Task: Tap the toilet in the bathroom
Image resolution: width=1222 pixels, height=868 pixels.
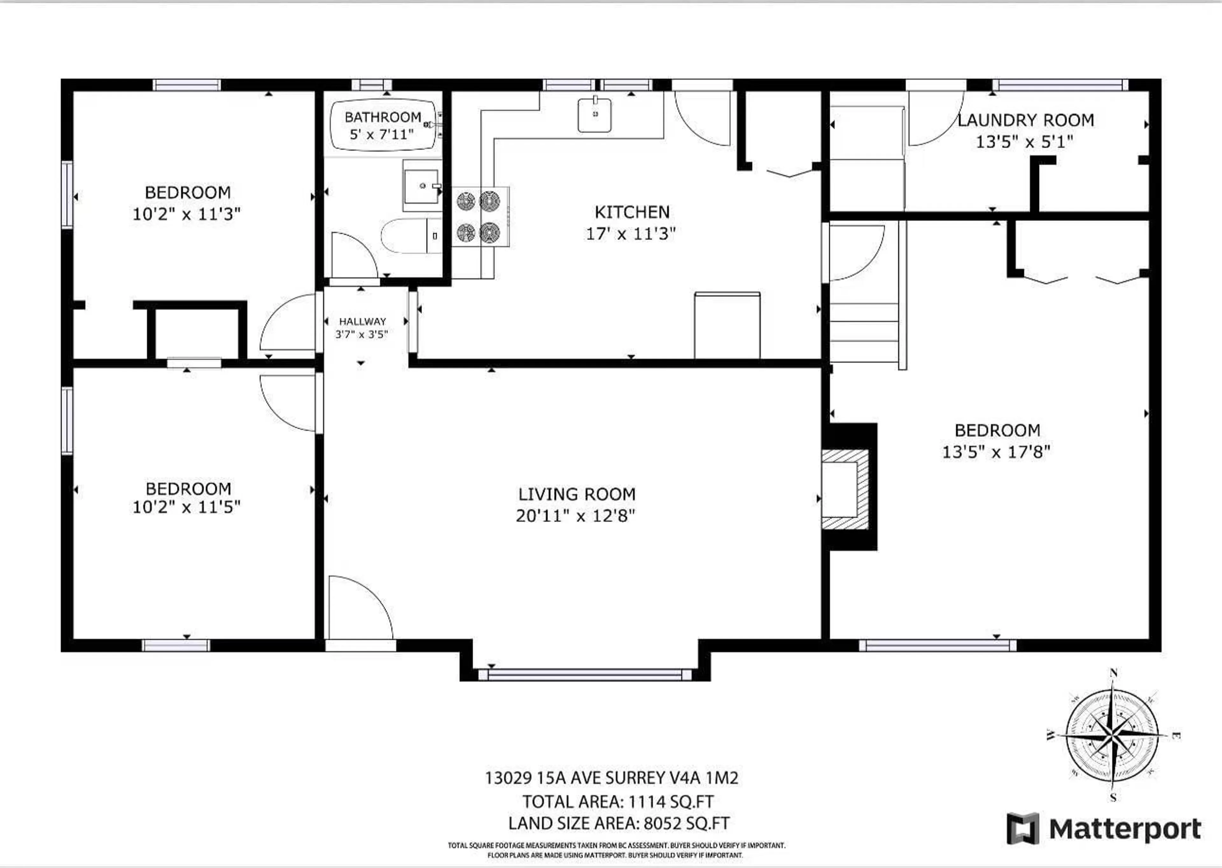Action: (x=410, y=235)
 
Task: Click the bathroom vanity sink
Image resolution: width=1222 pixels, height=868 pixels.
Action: (x=421, y=186)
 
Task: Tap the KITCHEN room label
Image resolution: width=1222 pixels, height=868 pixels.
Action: (x=632, y=212)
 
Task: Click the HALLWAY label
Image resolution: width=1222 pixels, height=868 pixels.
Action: (x=362, y=321)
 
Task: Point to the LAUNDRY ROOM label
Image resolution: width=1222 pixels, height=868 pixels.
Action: (x=1025, y=120)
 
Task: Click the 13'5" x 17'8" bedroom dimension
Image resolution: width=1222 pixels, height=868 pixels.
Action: (x=996, y=452)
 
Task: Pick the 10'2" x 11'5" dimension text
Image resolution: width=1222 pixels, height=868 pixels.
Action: (x=186, y=507)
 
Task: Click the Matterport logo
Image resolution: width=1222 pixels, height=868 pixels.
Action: (x=1104, y=829)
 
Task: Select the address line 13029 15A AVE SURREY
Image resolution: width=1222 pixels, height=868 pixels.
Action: (x=611, y=778)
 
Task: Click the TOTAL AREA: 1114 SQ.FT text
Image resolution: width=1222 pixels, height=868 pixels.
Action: (x=618, y=801)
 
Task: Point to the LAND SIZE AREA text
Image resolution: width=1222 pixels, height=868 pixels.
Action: (x=619, y=823)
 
